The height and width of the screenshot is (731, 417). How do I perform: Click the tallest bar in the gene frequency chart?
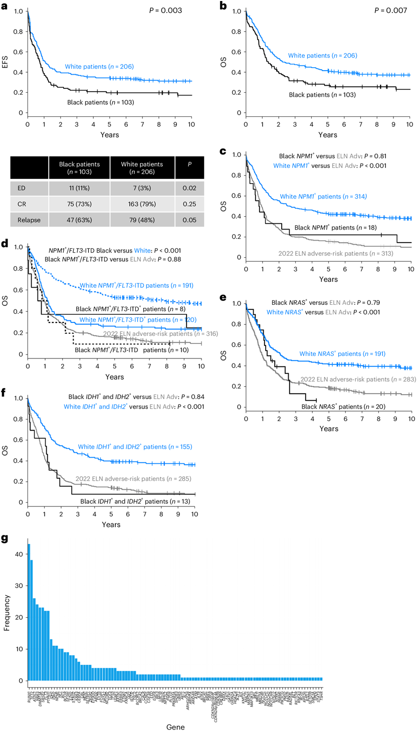click(x=29, y=612)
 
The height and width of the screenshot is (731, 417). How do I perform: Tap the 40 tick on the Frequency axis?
click(x=19, y=554)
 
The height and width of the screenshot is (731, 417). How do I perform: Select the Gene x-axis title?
click(x=175, y=726)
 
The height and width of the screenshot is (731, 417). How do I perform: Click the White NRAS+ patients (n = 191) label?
click(x=342, y=354)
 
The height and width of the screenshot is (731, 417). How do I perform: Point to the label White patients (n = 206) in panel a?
click(x=100, y=66)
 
